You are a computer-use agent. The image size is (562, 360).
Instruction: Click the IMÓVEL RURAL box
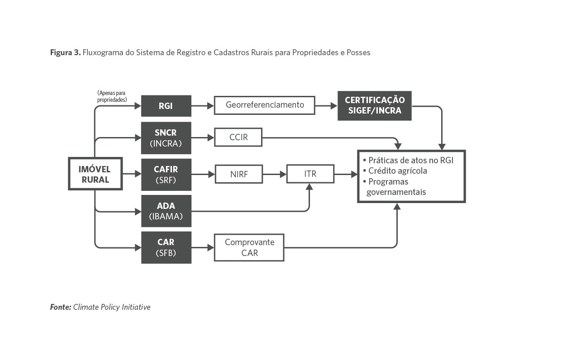point(95,174)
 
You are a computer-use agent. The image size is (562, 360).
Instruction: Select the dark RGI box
point(166,106)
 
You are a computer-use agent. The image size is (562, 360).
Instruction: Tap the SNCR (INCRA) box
point(166,138)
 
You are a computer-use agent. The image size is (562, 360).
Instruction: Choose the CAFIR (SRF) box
point(166,174)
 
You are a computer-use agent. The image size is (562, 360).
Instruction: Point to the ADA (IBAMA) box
point(166,211)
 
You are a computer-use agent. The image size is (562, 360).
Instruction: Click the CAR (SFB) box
point(166,247)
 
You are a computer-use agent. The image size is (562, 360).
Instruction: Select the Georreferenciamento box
point(264,105)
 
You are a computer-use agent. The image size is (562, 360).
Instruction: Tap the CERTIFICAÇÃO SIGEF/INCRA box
point(375,105)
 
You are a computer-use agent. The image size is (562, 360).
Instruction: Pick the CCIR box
point(238,137)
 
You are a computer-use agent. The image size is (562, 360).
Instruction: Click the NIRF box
point(238,174)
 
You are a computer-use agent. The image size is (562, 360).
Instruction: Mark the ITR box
point(310,174)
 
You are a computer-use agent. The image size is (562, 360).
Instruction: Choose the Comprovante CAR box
point(249,247)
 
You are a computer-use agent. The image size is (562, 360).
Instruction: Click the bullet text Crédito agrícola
point(397,171)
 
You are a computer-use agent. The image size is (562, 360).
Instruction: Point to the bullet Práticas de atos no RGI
point(410,160)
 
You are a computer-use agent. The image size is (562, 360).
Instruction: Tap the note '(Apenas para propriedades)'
point(111,96)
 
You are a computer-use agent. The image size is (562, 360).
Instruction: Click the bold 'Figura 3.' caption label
point(65,52)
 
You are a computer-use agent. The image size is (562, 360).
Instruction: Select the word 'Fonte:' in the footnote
point(61,307)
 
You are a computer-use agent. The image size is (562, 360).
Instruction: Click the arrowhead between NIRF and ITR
point(283,174)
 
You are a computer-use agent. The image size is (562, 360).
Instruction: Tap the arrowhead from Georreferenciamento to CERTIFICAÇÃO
point(334,106)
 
